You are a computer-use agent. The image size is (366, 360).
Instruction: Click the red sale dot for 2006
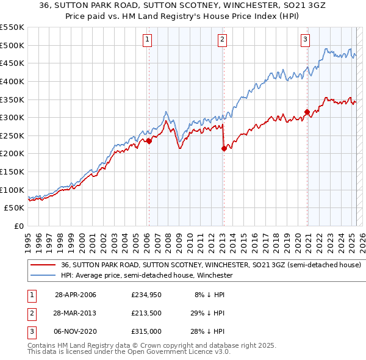coord(149,141)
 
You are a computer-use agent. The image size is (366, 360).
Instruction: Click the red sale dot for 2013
coord(224,148)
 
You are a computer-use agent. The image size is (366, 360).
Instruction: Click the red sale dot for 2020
coord(307,112)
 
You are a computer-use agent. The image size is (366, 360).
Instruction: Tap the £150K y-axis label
coord(13,171)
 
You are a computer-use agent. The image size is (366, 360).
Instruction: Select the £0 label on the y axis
coord(18,226)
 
